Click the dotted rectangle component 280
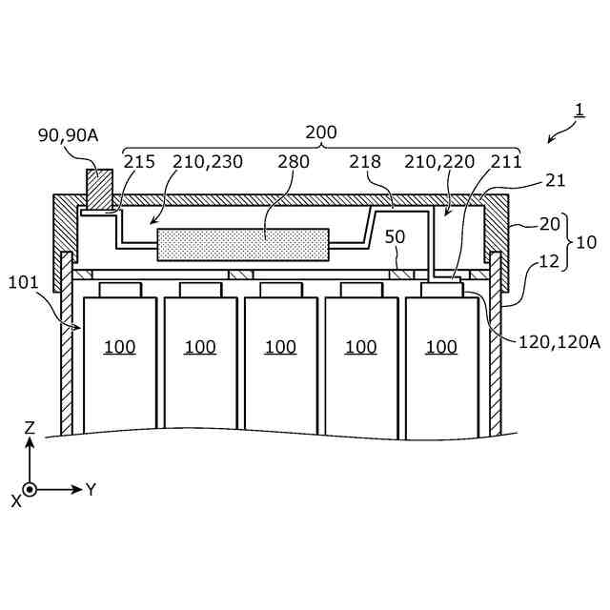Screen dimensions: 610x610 pos(242,244)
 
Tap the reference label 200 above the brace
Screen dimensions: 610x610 pos(320,132)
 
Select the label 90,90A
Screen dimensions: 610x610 pos(68,135)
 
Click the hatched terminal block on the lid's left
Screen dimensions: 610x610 pos(98,188)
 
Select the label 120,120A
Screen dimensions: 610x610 pos(559,340)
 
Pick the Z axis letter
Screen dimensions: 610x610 pos(30,428)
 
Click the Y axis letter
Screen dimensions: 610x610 pos(91,489)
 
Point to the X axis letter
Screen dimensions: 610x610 pos(15,500)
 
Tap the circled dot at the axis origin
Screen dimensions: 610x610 pos(30,490)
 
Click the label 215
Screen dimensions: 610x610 pos(139,161)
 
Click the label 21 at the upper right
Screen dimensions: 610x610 pos(556,180)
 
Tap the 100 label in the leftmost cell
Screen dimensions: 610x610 pos(119,347)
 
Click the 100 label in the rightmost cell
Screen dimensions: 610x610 pos(441,347)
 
